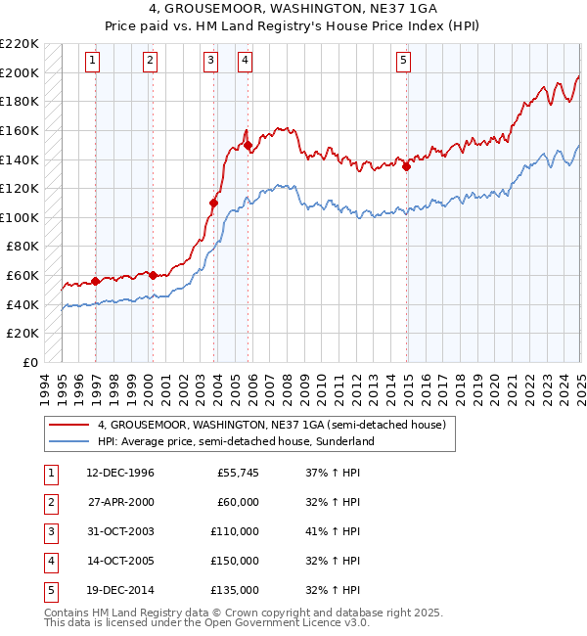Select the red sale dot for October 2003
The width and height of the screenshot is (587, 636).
(212, 203)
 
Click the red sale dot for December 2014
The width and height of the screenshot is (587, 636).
(406, 165)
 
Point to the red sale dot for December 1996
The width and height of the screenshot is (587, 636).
(96, 281)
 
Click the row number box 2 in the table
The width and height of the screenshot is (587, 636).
(50, 502)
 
